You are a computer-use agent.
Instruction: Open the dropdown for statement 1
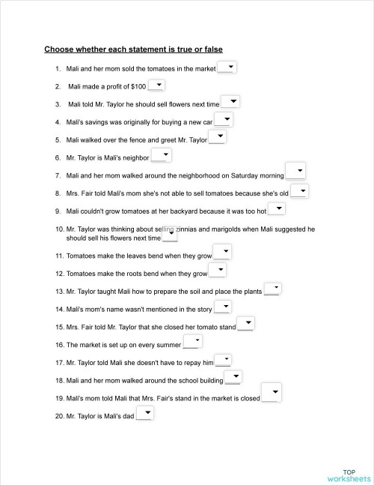click(227, 67)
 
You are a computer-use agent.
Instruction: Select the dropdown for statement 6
click(162, 156)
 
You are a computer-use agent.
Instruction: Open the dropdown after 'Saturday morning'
click(295, 172)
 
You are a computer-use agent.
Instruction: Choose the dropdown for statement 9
click(276, 209)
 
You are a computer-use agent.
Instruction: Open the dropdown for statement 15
click(246, 325)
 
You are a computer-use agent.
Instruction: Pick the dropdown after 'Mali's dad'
click(144, 413)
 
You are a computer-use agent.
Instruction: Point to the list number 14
click(59, 309)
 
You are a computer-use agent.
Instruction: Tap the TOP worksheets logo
click(348, 474)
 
